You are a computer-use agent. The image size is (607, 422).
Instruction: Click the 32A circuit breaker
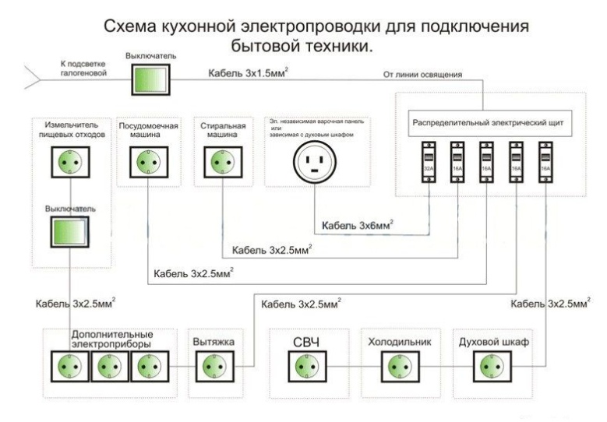(x=428, y=162)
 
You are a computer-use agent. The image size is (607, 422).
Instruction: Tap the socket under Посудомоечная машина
(x=143, y=162)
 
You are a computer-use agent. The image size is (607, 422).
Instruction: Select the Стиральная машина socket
(x=218, y=162)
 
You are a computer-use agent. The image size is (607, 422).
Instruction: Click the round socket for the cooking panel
(x=315, y=163)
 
